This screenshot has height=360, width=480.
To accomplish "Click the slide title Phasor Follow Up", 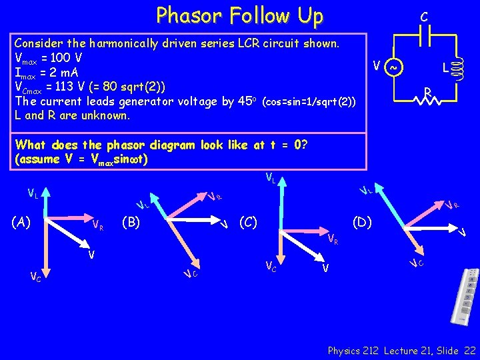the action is point(239,15).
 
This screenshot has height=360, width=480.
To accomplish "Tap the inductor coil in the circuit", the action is point(458,68).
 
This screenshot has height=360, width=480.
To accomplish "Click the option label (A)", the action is point(23,221).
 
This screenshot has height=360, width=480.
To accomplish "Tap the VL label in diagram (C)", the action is point(271,177).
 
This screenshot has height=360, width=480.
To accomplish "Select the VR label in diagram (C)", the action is point(333,238).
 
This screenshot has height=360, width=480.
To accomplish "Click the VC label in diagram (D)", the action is point(417,263).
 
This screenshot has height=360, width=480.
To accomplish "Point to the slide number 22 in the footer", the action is point(469,350).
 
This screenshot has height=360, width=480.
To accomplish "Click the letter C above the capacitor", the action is point(424,15).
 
